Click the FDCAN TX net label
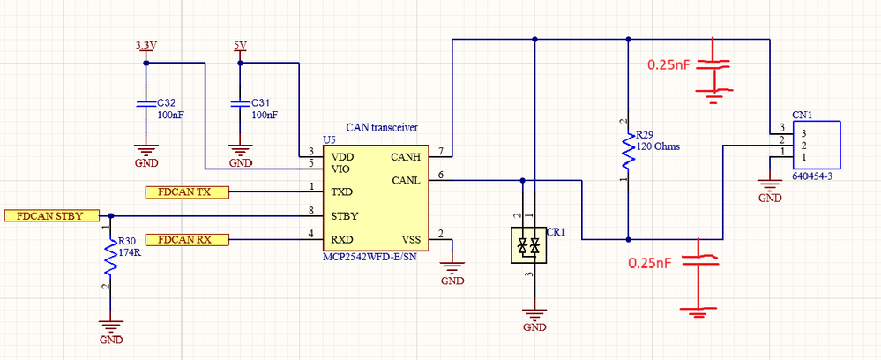coord(184,191)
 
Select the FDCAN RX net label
coord(184,239)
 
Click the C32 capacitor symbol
coord(146,104)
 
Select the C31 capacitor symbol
coord(240,104)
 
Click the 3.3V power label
coord(146,45)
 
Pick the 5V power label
coord(240,45)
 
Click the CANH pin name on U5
coord(405,157)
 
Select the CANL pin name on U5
coord(405,181)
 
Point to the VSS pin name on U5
coord(410,239)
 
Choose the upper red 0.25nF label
coord(670,65)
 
